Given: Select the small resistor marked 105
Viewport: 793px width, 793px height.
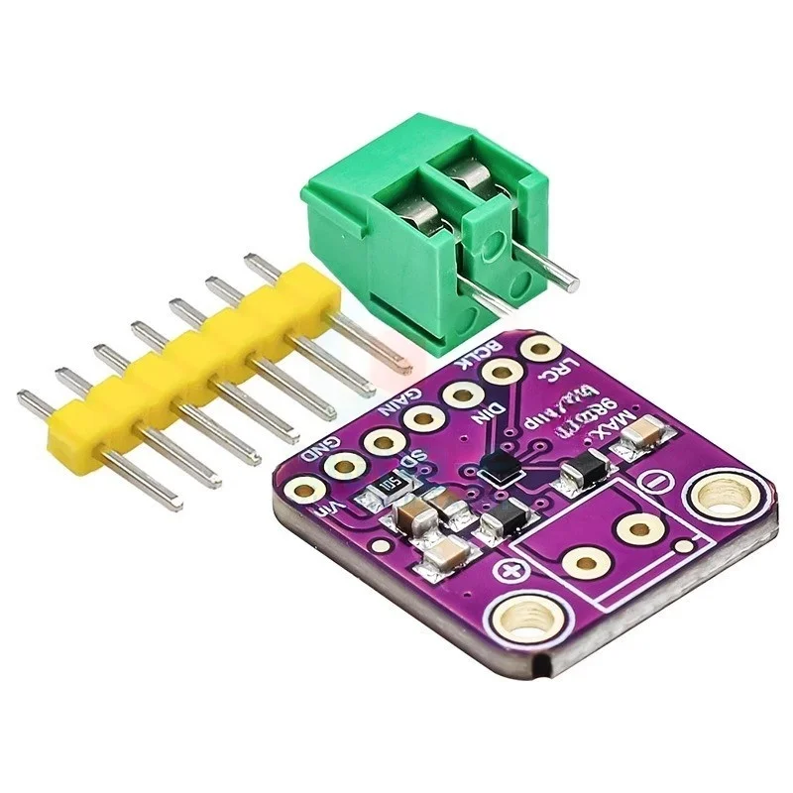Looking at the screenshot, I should click(x=381, y=486).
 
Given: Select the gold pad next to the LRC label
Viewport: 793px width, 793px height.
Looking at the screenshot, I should click(x=539, y=350).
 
